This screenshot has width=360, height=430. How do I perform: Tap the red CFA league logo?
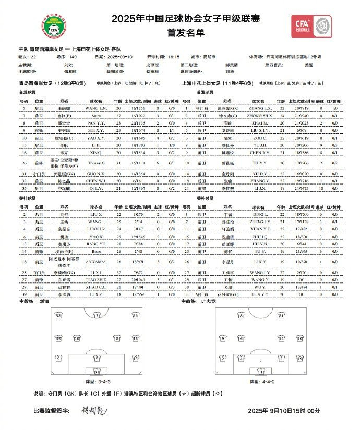point(311,26)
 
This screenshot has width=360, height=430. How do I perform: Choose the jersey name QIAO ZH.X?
point(95,279)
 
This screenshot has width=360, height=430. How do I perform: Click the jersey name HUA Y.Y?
point(259,294)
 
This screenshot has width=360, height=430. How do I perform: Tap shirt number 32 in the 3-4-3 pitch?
point(58,316)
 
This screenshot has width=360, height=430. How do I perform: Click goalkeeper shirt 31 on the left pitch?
point(97,372)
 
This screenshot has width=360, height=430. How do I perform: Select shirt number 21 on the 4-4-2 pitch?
point(282,316)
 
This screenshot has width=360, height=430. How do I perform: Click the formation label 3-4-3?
point(97,382)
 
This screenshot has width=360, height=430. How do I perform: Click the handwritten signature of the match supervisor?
point(93,411)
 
